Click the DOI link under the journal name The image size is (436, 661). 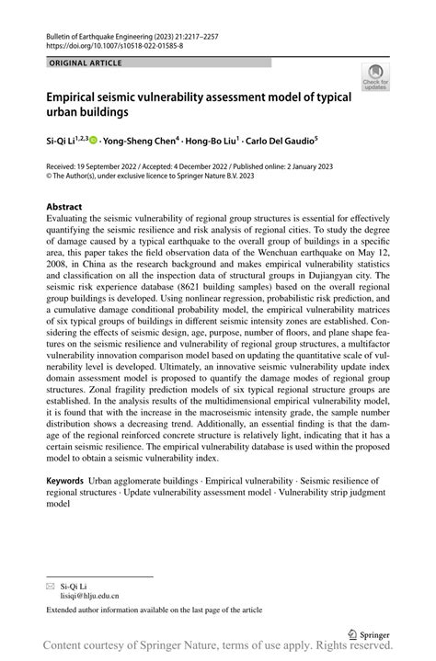(114, 44)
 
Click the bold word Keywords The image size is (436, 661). (65, 481)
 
